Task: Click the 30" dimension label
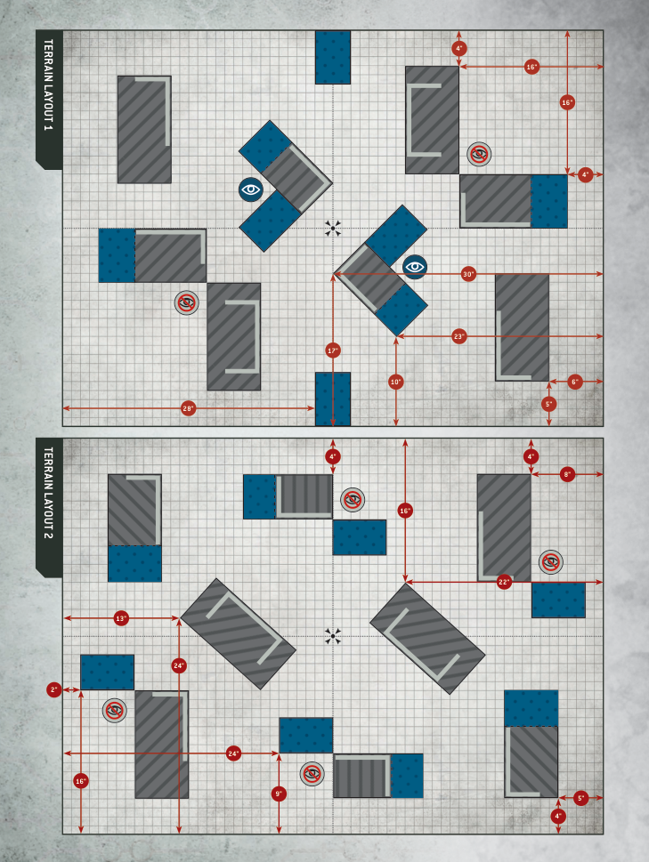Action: (468, 274)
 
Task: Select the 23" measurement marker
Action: (458, 336)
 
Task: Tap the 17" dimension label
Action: (333, 350)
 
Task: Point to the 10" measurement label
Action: (396, 382)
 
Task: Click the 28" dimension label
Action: (188, 408)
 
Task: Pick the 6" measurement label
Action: (574, 382)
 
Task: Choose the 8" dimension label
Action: (567, 474)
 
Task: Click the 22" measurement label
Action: (504, 582)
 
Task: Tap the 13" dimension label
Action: (122, 617)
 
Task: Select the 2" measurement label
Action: (54, 689)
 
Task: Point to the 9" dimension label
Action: (279, 793)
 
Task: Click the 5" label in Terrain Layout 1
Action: (548, 404)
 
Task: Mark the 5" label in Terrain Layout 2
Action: (581, 798)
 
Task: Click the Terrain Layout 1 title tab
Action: (48, 98)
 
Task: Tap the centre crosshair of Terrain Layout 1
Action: (333, 229)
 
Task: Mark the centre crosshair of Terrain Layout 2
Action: (333, 635)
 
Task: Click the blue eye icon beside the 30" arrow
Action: (415, 266)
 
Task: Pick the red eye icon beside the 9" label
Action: (312, 773)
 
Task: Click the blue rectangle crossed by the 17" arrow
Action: (333, 398)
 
